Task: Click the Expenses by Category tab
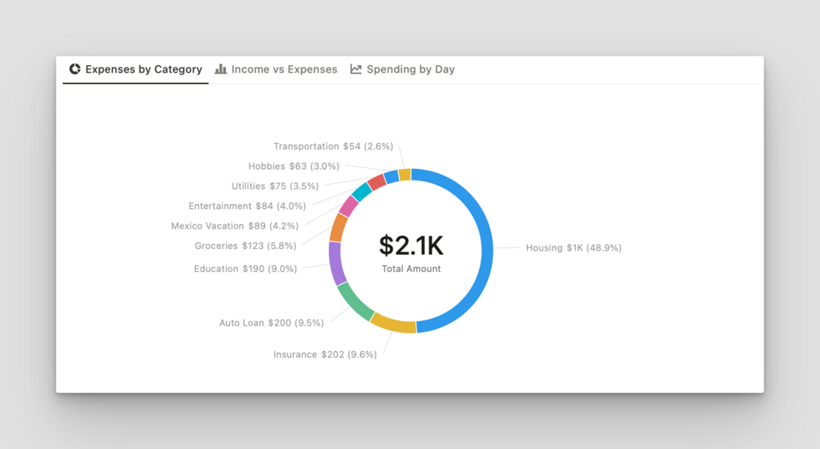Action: coord(135,69)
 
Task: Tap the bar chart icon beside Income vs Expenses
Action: coord(221,69)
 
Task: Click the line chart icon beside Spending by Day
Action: coord(356,69)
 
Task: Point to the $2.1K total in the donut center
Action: coord(410,245)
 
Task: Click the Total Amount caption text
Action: coord(410,269)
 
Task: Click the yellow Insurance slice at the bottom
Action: coord(392,324)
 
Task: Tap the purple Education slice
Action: coord(335,263)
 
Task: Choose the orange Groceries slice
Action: coord(339,228)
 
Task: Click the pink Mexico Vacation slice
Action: coord(348,206)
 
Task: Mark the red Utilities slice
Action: coord(376,182)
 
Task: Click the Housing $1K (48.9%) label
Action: coord(573,248)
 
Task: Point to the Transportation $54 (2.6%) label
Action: coord(333,147)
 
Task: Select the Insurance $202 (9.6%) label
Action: coord(325,355)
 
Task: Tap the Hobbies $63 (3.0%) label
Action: coord(294,167)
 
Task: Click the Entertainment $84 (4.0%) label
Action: coord(247,207)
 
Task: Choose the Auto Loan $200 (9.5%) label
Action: coord(271,323)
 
